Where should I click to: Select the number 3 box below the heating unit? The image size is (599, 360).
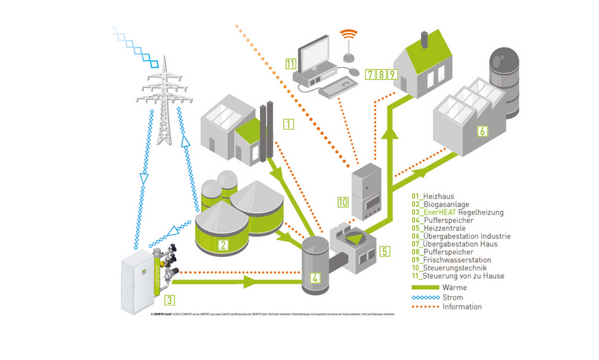(x=170, y=300)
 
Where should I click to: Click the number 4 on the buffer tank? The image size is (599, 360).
(x=315, y=279)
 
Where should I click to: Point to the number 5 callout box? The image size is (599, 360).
(x=384, y=251)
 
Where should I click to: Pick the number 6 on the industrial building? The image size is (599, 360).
(x=483, y=132)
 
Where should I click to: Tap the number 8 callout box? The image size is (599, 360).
(x=381, y=75)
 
